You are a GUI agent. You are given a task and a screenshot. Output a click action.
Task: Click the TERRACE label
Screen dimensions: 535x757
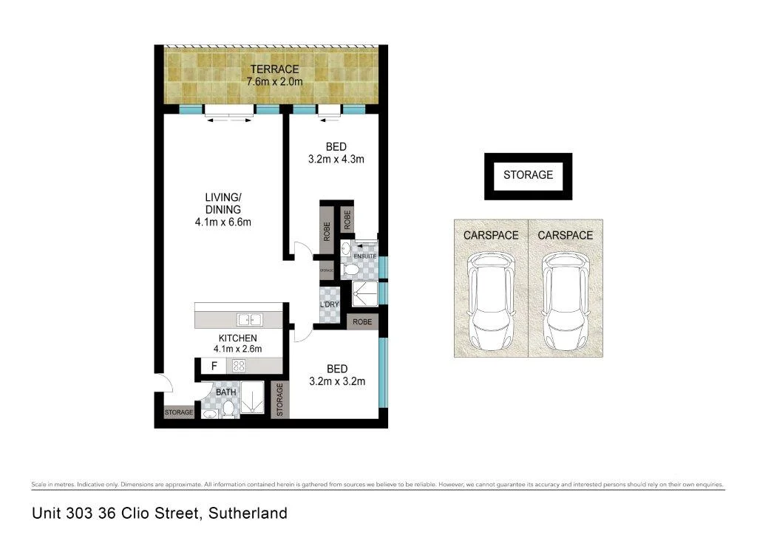tap(274, 69)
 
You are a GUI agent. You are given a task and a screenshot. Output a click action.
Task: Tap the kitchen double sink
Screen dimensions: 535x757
tap(249, 320)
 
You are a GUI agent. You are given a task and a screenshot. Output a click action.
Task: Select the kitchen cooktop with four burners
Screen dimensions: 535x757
tap(240, 365)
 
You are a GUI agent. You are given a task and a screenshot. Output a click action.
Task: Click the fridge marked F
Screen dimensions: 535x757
tap(214, 365)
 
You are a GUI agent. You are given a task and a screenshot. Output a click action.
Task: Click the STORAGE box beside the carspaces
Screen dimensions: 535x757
tap(528, 175)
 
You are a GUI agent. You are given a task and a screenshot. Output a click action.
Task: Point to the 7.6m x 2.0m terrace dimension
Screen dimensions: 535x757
tap(274, 81)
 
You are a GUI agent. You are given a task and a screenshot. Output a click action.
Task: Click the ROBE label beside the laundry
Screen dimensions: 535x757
tap(362, 322)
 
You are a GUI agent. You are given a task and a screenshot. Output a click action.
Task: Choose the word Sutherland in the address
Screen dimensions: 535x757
tap(248, 512)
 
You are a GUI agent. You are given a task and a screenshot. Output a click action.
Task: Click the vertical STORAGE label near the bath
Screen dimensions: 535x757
tap(279, 400)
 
